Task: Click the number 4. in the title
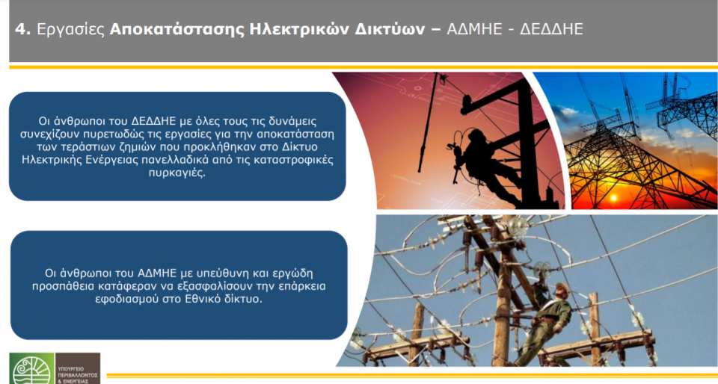point(22,30)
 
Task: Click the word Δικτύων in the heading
point(393,30)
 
